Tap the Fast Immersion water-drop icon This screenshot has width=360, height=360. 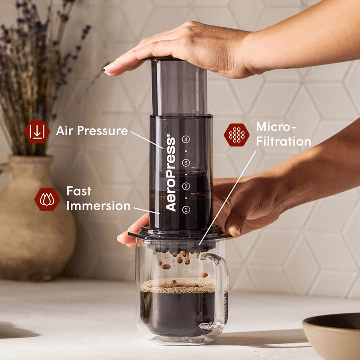coord(47,199)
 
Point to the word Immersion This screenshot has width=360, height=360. coord(98,206)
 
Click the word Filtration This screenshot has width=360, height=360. coord(284,141)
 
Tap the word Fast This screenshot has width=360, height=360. coord(79,191)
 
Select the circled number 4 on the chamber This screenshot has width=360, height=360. coord(185,139)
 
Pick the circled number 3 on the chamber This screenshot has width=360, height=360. coord(185,163)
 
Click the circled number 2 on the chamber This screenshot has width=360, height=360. coord(185,186)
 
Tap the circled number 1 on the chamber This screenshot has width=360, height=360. coord(185,209)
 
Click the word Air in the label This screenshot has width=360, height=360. coord(65,131)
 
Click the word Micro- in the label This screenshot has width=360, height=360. coord(276,127)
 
